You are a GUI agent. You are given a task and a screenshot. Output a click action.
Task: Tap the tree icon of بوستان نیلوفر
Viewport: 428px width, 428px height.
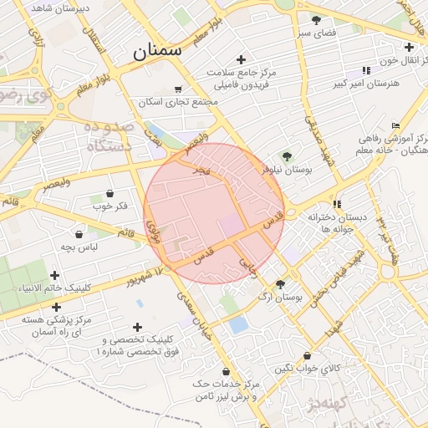[288, 155]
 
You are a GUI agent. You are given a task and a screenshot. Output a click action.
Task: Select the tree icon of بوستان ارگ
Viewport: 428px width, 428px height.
[280, 284]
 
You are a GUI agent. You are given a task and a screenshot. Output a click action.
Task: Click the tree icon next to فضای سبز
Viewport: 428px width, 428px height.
[316, 19]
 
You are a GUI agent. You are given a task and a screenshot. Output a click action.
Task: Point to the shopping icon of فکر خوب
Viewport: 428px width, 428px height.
[110, 193]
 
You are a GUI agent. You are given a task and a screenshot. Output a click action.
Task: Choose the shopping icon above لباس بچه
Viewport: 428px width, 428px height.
[79, 235]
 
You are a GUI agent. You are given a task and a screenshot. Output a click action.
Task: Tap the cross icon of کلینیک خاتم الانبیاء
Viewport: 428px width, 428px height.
[55, 274]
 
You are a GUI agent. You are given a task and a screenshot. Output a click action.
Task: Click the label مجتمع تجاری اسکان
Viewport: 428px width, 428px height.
[179, 102]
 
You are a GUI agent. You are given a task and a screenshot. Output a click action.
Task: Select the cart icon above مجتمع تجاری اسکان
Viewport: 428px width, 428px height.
[178, 89]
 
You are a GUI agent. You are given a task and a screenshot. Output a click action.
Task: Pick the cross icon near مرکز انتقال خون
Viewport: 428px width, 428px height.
[409, 48]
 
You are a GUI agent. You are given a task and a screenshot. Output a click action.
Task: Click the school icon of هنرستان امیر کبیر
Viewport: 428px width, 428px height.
[366, 71]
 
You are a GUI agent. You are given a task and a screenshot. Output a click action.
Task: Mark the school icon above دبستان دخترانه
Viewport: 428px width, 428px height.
[337, 203]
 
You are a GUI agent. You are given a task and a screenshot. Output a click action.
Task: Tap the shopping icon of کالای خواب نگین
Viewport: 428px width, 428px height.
[308, 355]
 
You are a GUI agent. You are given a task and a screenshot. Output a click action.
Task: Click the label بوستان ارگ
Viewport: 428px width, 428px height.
[280, 297]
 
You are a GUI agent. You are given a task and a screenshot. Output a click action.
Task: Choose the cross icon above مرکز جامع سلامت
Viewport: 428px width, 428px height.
[241, 59]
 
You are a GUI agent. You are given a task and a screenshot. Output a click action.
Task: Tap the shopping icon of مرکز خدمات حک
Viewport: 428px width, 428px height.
[226, 371]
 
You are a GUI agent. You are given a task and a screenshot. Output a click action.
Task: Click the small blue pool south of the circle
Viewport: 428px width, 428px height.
[238, 324]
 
